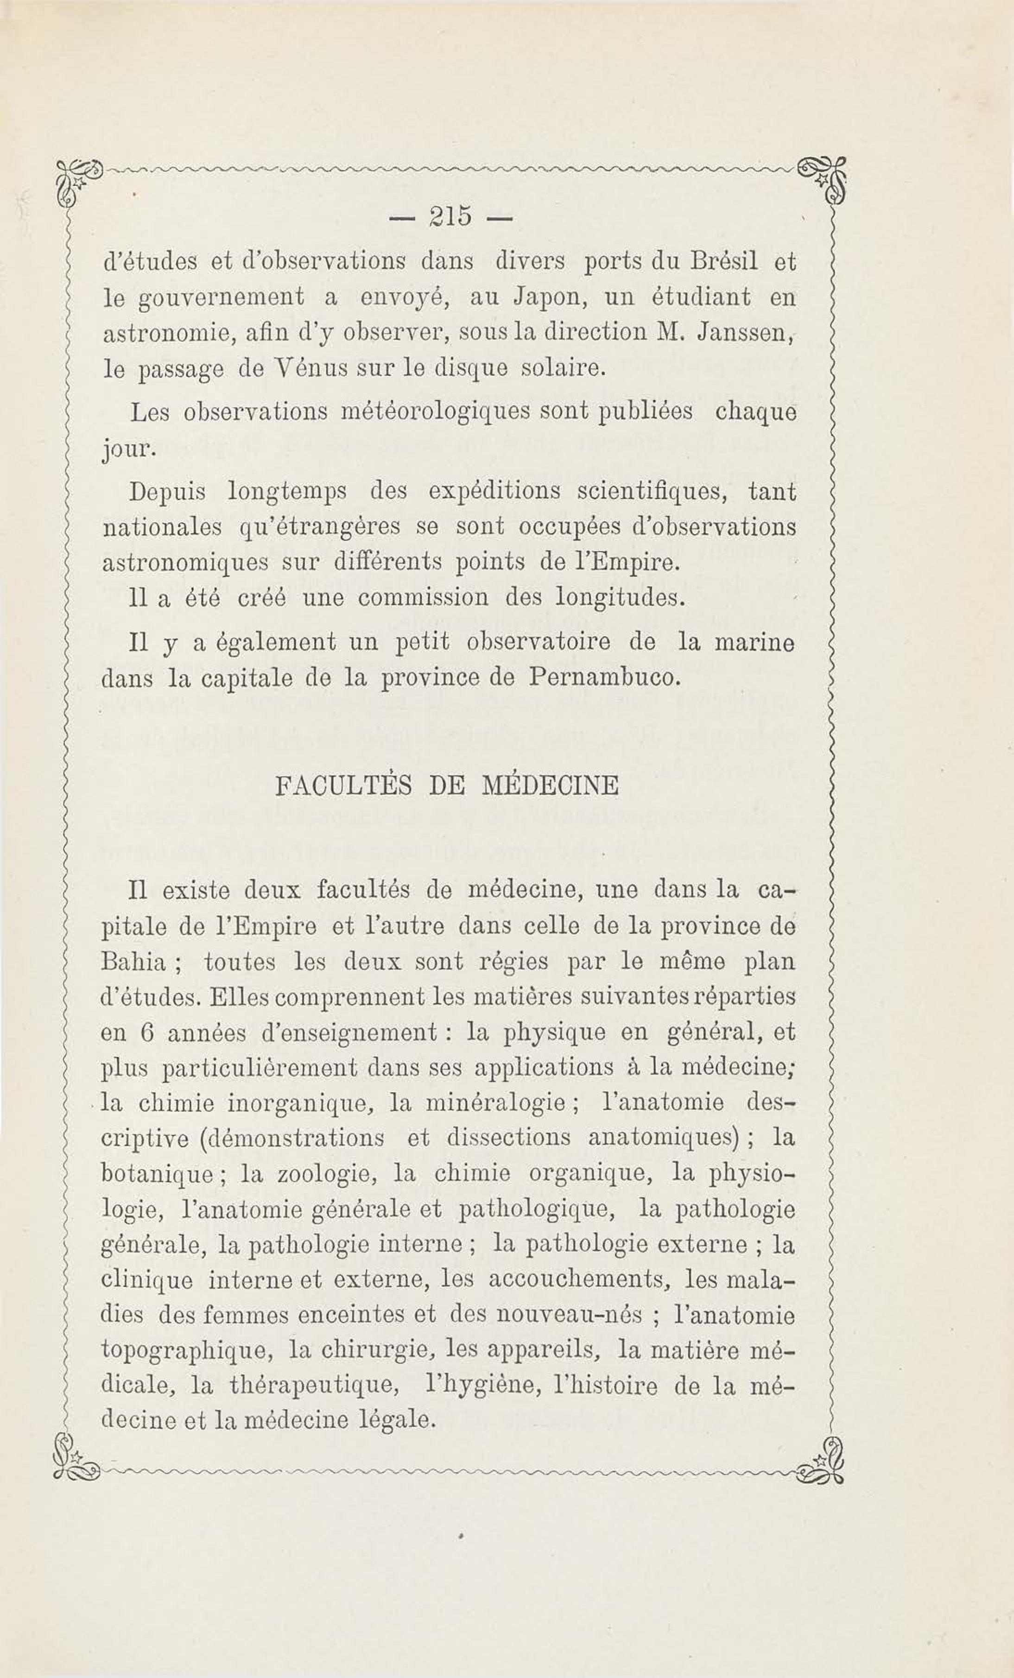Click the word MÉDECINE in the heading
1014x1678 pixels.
click(550, 786)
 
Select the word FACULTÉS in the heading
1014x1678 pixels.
click(342, 786)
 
